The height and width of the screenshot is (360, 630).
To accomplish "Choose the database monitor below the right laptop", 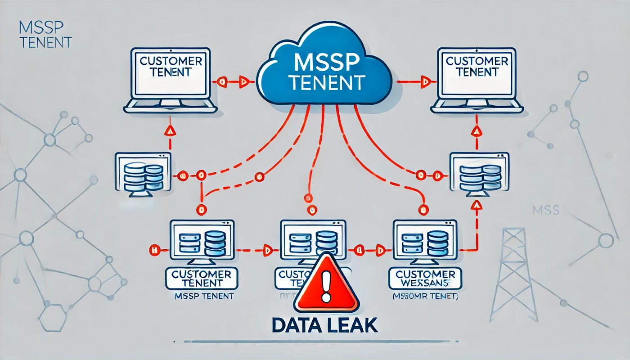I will coord(479,174).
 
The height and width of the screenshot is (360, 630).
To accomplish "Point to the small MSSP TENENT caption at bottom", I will coord(203,296).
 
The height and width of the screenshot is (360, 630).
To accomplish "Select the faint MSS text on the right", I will coord(545,210).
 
